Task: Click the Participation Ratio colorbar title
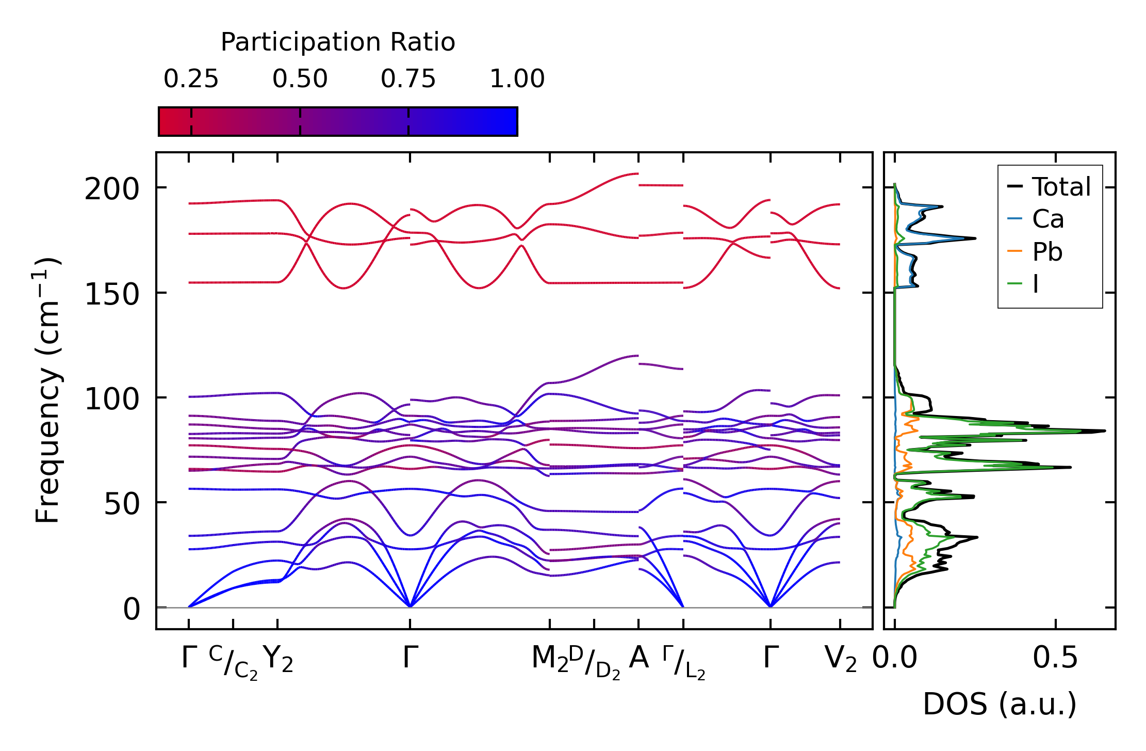pos(338,42)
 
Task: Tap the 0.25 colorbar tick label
pos(191,79)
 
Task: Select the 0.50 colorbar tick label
pos(300,79)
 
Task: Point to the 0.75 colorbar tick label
pos(408,79)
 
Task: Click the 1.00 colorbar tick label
pos(517,79)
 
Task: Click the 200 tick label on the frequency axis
pos(112,189)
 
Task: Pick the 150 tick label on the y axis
pos(112,295)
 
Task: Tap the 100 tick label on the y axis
pos(112,400)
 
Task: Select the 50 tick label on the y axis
pos(122,504)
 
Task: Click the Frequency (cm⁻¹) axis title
pos(47,390)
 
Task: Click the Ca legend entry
pos(1047,219)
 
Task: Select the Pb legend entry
pos(1047,252)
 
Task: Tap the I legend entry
pos(1035,284)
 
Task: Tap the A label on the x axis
pos(639,658)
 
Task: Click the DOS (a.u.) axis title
pos(1000,705)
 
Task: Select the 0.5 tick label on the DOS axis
pos(1055,659)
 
